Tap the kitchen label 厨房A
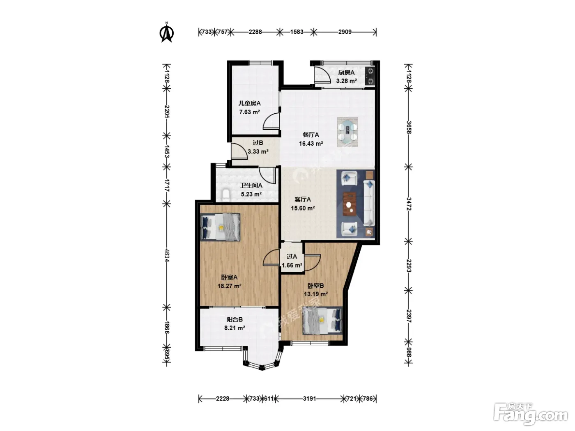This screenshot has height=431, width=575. pos(346,73)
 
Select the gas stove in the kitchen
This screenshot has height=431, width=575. pos(370,76)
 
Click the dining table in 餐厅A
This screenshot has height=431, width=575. pos(347,132)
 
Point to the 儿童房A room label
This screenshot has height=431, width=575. pos(249,103)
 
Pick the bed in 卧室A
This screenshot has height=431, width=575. pos(220,227)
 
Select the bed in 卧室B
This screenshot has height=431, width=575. pos(322,321)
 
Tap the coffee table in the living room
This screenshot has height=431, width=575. pos(350,204)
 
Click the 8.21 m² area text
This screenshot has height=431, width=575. pos(235,328)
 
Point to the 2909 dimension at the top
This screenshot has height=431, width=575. pos(345,32)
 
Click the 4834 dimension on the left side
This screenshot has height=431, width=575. pos(167,255)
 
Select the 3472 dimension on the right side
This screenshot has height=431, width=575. pos(409,204)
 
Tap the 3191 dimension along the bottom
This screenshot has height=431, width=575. pos(309,399)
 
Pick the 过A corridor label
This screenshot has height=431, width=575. pos(292,257)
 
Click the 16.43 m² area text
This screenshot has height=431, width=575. pos(311,144)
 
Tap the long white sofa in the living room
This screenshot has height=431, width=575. pos(369,203)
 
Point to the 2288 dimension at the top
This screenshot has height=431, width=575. pos(255,32)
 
